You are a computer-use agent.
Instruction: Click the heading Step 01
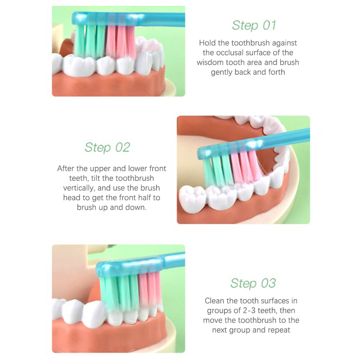tap(254, 25)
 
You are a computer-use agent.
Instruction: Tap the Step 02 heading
tap(107, 148)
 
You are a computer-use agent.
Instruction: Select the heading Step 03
tap(253, 283)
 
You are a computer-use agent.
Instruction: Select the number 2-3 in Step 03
tap(249, 310)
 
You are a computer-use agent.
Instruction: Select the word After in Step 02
tap(66, 168)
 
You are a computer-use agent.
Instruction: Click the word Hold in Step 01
tap(207, 43)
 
